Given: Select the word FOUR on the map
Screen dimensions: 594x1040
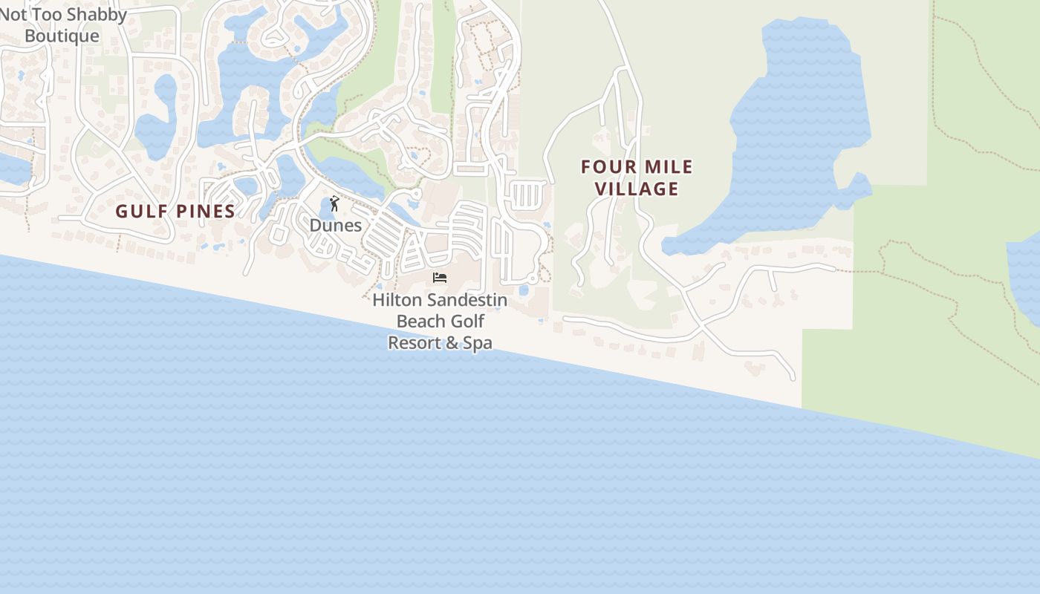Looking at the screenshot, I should pyautogui.click(x=604, y=167).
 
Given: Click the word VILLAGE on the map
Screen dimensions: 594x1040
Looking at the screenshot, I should pyautogui.click(x=637, y=189).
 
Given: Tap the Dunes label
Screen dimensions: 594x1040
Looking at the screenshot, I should pyautogui.click(x=336, y=225).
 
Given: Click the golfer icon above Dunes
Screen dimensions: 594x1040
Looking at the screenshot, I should pyautogui.click(x=335, y=203).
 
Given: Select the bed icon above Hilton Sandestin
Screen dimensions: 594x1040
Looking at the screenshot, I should pyautogui.click(x=440, y=278).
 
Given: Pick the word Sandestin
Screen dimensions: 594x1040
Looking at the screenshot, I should pyautogui.click(x=467, y=300).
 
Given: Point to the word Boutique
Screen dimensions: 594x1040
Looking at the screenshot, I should pyautogui.click(x=62, y=36).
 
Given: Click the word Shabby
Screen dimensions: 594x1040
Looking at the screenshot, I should pyautogui.click(x=98, y=14).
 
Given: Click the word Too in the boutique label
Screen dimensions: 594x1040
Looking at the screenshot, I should pyautogui.click(x=51, y=14).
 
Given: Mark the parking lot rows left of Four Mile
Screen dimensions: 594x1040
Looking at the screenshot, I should pyautogui.click(x=527, y=195).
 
